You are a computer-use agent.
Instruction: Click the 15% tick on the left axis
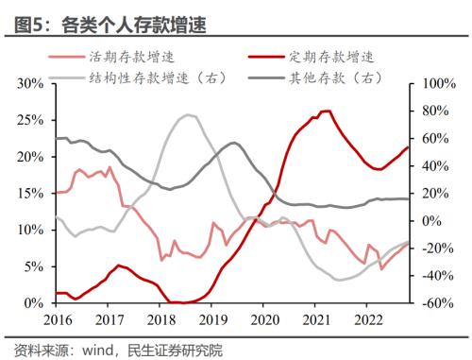(x=30, y=193)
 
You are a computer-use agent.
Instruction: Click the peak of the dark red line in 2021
(x=327, y=111)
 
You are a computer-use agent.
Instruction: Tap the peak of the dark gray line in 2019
(x=232, y=143)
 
